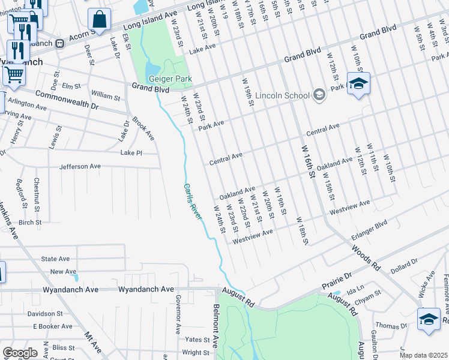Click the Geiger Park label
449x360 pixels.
pyautogui.click(x=170, y=79)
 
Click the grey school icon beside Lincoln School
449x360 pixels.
pyautogui.click(x=319, y=95)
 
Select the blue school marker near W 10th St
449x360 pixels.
pyautogui.click(x=358, y=84)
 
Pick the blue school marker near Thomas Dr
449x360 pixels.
pyautogui.click(x=429, y=319)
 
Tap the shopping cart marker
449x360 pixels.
pyautogui.click(x=13, y=74)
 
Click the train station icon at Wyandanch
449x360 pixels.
pyautogui.click(x=59, y=43)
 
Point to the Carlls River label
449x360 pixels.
pyautogui.click(x=192, y=202)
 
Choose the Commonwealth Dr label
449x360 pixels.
pyautogui.click(x=67, y=98)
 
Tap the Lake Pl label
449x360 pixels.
pyautogui.click(x=130, y=153)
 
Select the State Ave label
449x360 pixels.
pyautogui.click(x=55, y=259)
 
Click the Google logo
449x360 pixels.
pyautogui.click(x=20, y=353)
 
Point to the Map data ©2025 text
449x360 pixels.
pyautogui.click(x=423, y=355)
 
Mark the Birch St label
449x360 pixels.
pyautogui.click(x=29, y=222)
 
